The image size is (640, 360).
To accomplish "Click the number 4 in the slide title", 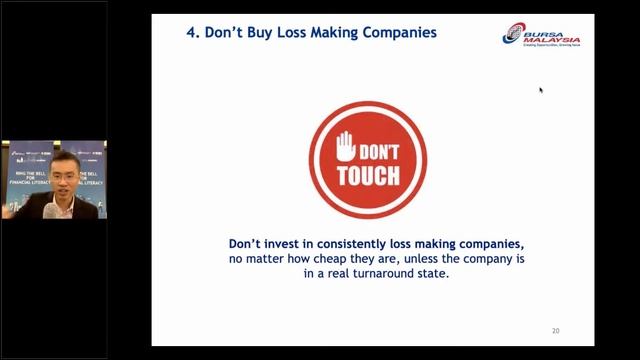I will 191,32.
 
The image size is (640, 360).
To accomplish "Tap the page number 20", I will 556,331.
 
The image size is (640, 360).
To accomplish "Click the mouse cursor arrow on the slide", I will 541,90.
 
